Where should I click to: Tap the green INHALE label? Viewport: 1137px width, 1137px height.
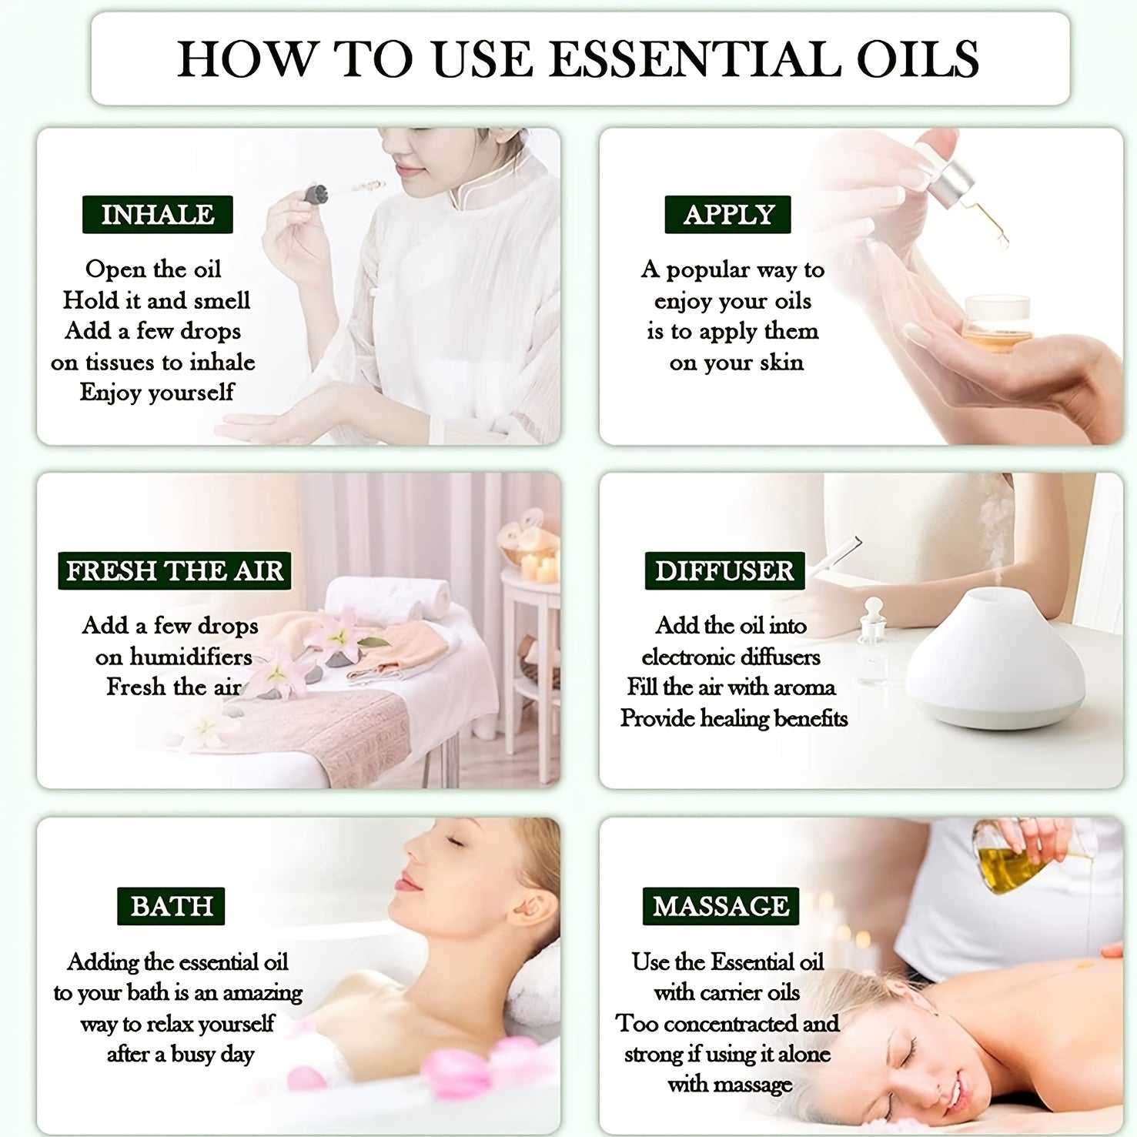[x=158, y=215]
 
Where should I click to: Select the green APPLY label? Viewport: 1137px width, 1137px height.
[x=728, y=215]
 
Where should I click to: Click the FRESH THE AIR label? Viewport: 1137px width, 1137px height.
[x=175, y=571]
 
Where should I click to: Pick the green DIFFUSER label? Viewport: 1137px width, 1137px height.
[x=724, y=571]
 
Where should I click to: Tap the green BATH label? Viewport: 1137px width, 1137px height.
[x=172, y=906]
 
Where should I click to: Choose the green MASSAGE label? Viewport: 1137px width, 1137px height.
[x=721, y=906]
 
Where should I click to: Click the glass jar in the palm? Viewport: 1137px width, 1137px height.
[x=996, y=324]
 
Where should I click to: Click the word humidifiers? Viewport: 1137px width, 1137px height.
[x=190, y=657]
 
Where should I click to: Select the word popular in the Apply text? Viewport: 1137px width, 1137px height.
[x=707, y=270]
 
